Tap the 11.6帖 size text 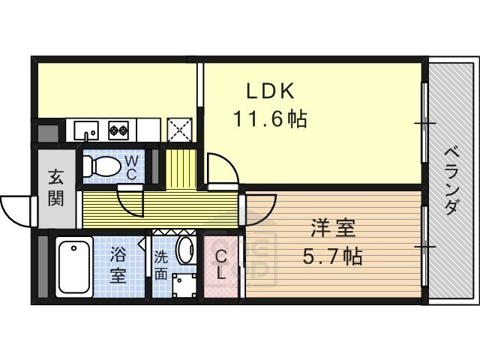tap(268, 118)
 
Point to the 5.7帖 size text tap(333, 256)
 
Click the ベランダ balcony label tap(451, 181)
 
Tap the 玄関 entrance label tap(56, 188)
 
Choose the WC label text tap(130, 167)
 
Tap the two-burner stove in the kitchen tap(118, 130)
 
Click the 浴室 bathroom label tap(118, 264)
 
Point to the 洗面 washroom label tap(161, 265)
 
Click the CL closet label tap(221, 264)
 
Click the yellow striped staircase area tap(180, 169)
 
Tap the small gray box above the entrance tap(46, 135)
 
